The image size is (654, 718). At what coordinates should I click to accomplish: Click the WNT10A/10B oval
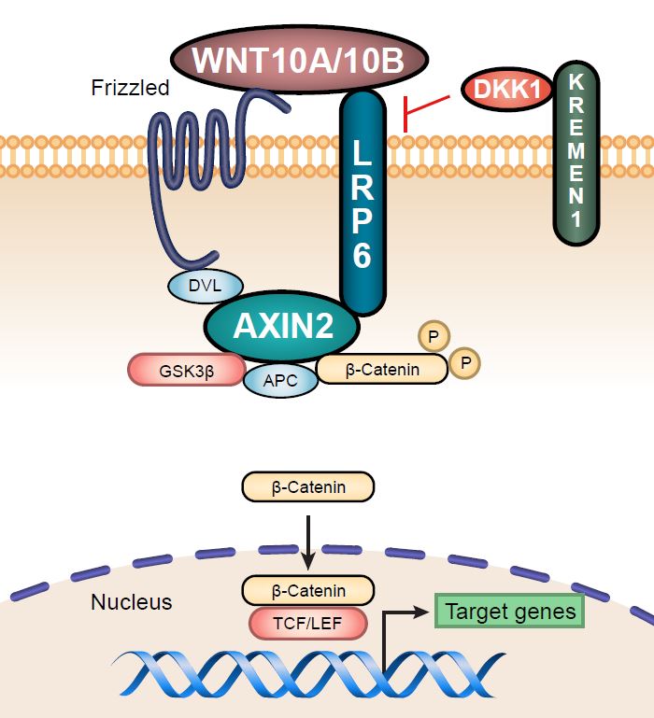(x=300, y=61)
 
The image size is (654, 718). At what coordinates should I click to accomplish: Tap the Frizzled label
(x=130, y=89)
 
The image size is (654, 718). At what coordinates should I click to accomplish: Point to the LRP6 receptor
(x=362, y=201)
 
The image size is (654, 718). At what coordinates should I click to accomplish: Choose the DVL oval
(x=206, y=287)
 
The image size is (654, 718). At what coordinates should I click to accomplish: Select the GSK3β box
(x=184, y=370)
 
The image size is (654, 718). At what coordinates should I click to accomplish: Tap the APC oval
(x=281, y=380)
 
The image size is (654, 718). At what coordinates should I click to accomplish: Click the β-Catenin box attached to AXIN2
(x=382, y=370)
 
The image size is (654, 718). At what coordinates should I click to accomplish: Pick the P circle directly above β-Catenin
(x=433, y=334)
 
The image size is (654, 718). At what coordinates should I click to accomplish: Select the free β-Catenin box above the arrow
(x=307, y=486)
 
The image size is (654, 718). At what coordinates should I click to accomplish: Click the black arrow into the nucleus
(x=307, y=537)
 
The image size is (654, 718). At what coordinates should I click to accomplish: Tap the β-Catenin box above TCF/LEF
(x=307, y=591)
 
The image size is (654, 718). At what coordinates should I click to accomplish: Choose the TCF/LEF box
(x=307, y=622)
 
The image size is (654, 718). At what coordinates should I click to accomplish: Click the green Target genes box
(x=509, y=612)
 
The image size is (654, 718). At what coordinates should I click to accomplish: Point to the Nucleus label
(x=132, y=602)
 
